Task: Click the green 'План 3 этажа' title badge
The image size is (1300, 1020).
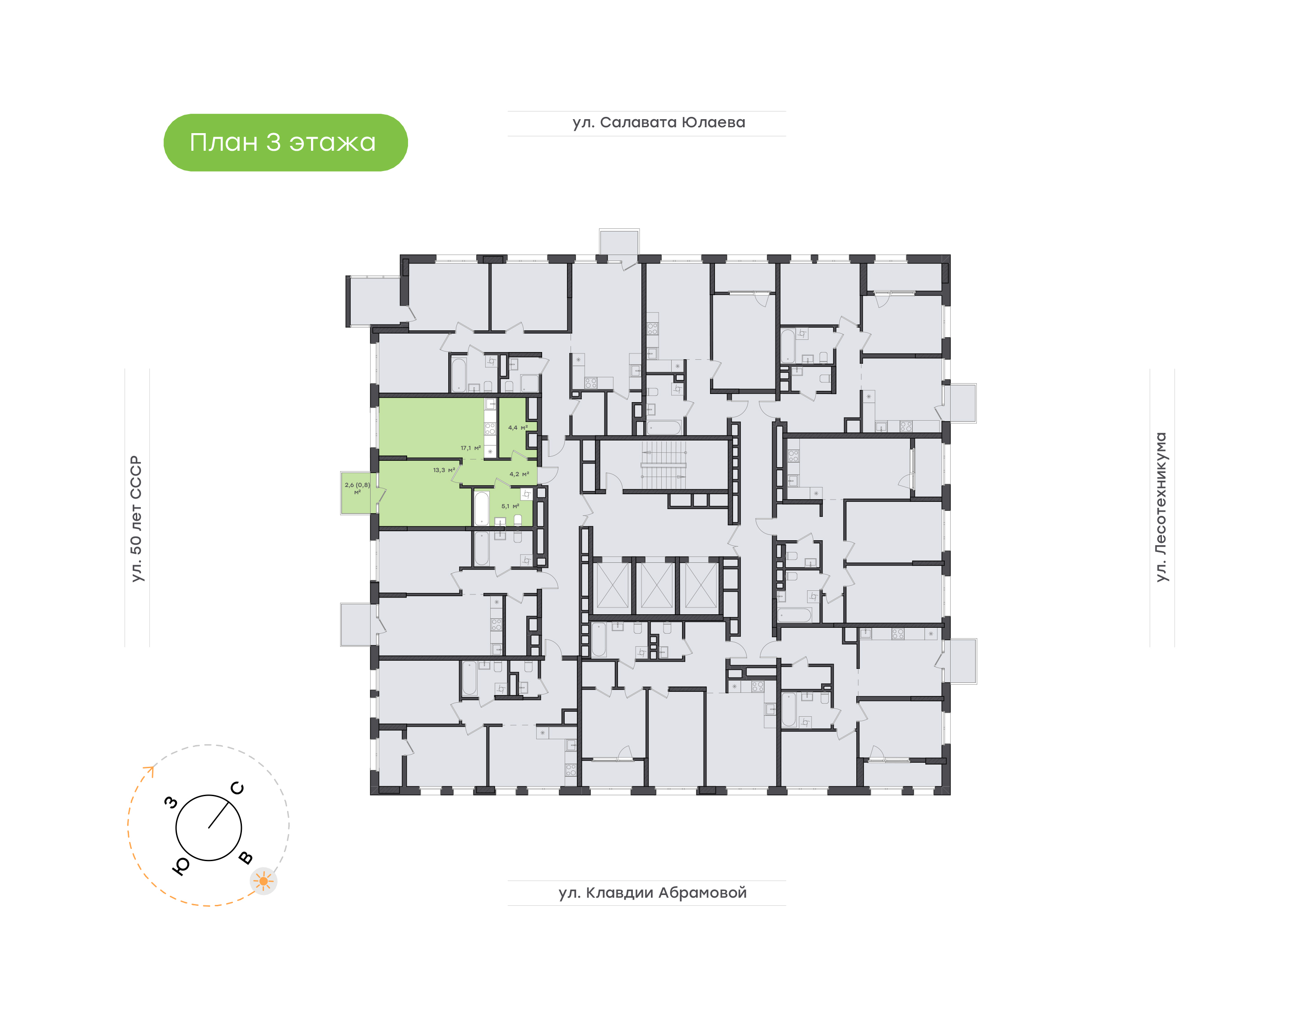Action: click(x=285, y=143)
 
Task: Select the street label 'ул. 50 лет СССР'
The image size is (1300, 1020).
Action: click(x=137, y=519)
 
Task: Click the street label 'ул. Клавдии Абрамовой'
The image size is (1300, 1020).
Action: click(x=652, y=893)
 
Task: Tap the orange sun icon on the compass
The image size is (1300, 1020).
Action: click(x=263, y=881)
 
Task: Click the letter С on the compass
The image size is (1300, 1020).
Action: click(x=237, y=788)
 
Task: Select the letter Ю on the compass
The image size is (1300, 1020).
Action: click(x=181, y=866)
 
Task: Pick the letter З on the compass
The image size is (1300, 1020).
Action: click(x=172, y=802)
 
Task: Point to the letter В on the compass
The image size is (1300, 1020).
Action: click(x=246, y=858)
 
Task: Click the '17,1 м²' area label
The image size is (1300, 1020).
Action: click(x=470, y=448)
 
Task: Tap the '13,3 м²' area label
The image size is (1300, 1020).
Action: click(x=444, y=470)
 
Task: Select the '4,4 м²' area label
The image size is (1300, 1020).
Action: click(x=518, y=427)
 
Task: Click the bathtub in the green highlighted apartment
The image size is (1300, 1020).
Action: click(x=481, y=508)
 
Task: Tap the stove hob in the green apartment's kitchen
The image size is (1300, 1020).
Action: click(x=490, y=428)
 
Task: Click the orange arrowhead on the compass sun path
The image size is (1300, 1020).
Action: click(x=149, y=771)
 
